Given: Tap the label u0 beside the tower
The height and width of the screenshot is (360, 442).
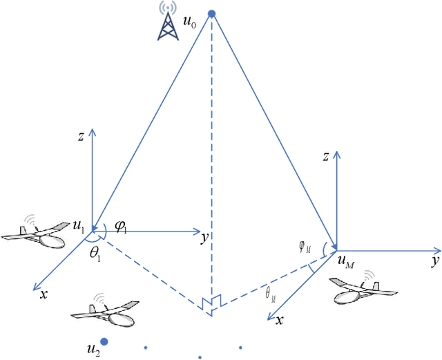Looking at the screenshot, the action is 189,21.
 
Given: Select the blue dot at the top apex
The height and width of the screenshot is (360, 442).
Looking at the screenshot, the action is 212,13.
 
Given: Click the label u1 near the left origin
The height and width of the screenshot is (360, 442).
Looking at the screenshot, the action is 79,225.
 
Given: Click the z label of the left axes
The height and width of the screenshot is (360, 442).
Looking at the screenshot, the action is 81,136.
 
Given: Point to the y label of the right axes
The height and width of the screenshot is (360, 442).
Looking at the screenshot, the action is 435,260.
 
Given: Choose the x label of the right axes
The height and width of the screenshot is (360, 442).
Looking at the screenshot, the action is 279,321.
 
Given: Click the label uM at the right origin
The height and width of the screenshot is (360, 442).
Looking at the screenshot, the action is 344,260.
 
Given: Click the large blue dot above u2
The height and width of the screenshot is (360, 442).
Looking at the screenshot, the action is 104,341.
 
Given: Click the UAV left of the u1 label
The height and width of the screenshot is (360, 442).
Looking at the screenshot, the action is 34,234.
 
